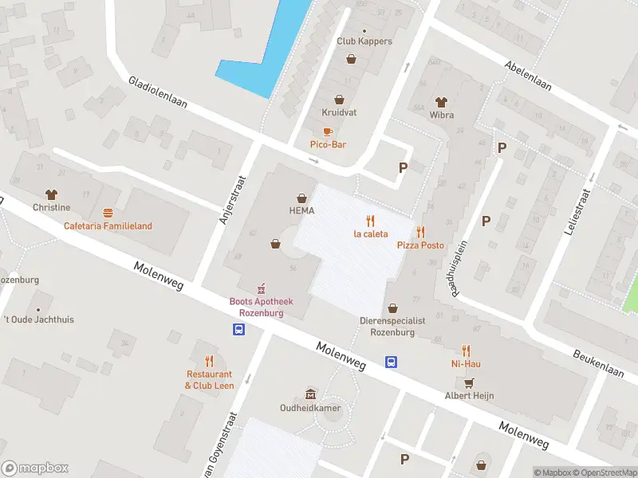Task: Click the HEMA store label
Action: [x=301, y=211]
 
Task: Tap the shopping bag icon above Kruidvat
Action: [x=340, y=100]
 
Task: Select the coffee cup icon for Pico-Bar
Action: [x=328, y=131]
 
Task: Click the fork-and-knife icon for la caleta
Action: [x=370, y=221]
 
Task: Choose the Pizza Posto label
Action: [x=420, y=245]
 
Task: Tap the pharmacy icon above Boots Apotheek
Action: [x=259, y=288]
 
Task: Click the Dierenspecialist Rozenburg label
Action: [x=392, y=326]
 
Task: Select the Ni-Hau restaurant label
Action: [x=467, y=364]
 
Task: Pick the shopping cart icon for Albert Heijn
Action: [x=468, y=382]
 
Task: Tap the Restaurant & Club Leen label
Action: [x=209, y=379]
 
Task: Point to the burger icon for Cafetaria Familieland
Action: [x=108, y=213]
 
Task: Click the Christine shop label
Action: [x=52, y=207]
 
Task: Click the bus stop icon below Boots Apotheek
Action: [x=238, y=329]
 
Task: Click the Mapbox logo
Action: [x=35, y=468]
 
